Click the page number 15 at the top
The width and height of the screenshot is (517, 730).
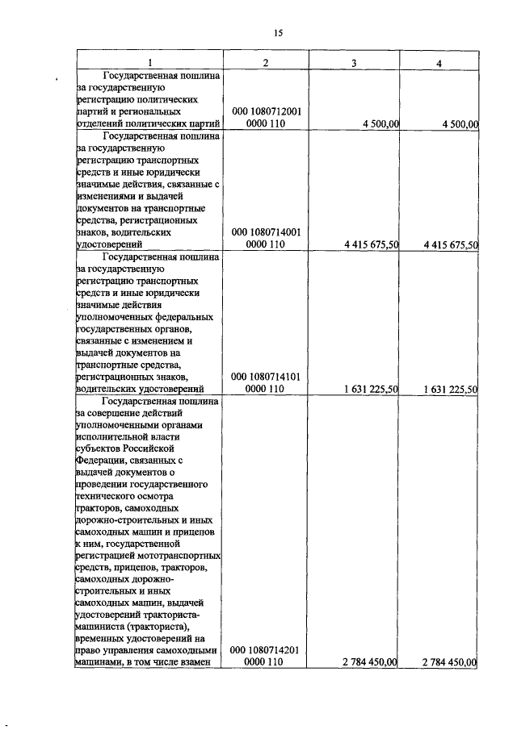tap(277, 33)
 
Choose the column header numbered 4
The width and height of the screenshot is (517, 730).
tap(438, 63)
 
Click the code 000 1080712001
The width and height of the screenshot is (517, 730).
tap(266, 111)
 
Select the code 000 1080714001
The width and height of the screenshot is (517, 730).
tap(266, 232)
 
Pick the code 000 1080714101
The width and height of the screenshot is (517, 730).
tap(266, 376)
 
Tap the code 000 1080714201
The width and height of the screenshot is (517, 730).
tap(266, 649)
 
